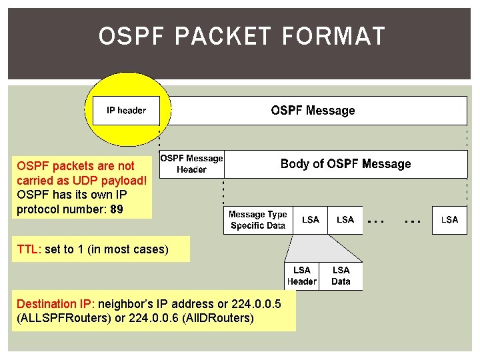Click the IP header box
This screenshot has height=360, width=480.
tap(127, 111)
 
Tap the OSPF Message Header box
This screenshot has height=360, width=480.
tap(191, 164)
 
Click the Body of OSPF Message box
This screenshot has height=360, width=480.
tap(345, 164)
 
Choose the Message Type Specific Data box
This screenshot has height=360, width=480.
tap(257, 220)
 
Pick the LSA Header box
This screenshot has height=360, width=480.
tap(301, 275)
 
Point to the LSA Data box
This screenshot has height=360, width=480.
tap(341, 275)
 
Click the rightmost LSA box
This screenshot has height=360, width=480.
tap(449, 220)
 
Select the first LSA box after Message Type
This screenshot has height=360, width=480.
tap(311, 220)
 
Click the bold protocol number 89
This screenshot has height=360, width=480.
tap(117, 209)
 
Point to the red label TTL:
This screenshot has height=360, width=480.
tap(29, 250)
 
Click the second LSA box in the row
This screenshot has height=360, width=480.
tap(345, 220)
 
